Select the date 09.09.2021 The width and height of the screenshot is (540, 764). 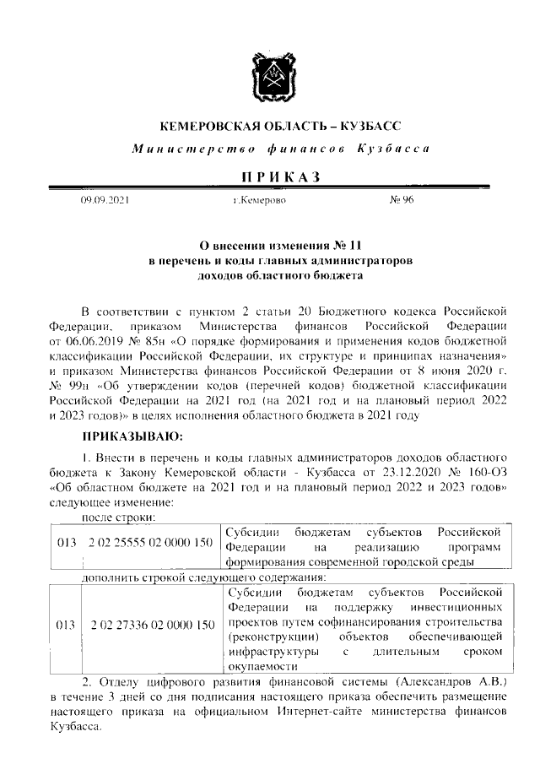pos(105,201)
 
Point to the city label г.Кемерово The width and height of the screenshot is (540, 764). pos(260,201)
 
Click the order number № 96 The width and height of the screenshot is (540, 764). pos(402,201)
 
